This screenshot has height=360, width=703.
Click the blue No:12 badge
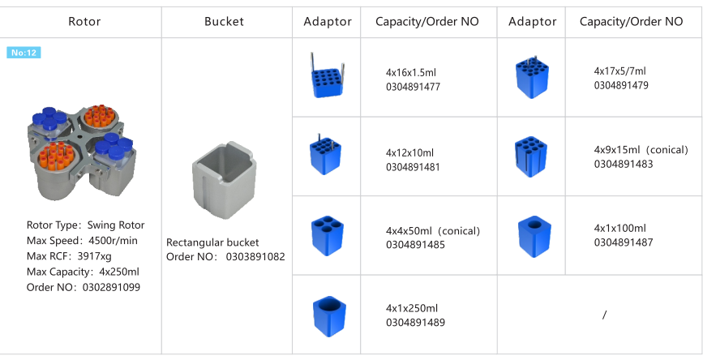coord(24,53)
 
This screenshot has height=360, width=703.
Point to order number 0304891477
coord(413,87)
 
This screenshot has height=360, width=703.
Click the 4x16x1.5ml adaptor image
coord(326,77)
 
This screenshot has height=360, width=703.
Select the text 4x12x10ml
coord(409,152)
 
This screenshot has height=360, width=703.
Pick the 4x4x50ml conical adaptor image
coord(326,234)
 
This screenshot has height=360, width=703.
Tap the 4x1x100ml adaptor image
coord(532,234)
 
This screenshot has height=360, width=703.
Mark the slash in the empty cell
coord(604,315)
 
